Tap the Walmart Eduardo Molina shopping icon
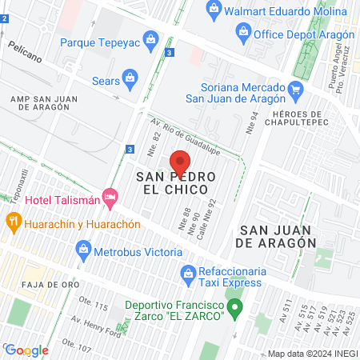(213, 10)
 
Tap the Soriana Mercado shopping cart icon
(295, 89)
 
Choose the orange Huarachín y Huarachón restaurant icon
(12, 221)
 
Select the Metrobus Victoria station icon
(83, 251)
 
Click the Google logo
(26, 350)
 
